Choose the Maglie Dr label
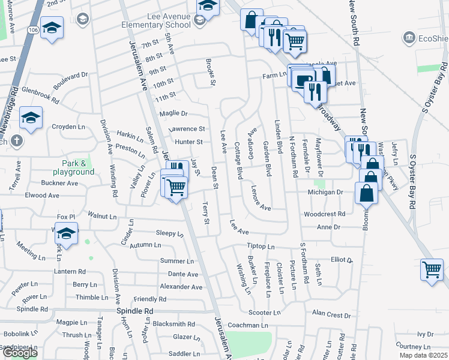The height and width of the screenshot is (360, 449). [x=173, y=113]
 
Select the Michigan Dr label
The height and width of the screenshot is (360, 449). [x=324, y=192]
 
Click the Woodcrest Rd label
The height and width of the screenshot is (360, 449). [x=324, y=214]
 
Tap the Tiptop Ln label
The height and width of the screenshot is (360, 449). [x=261, y=247]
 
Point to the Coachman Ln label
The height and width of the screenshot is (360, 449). [x=247, y=325]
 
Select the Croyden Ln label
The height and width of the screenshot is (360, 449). [x=68, y=127]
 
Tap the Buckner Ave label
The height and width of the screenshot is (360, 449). [x=60, y=183]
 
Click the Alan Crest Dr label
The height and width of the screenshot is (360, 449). [x=331, y=314]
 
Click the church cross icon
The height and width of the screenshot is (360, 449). [x=16, y=142]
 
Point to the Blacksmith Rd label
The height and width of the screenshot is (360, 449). [x=173, y=323]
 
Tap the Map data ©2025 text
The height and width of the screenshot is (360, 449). [x=423, y=355]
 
